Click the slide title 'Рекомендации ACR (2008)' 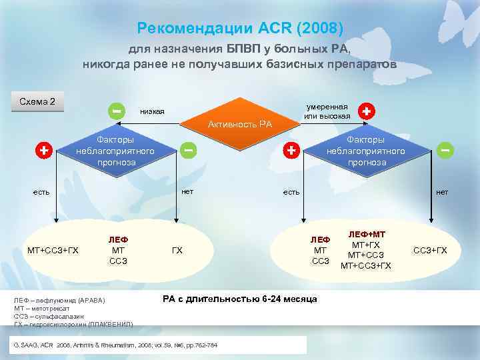click(x=239, y=28)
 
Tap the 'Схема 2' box click(x=37, y=102)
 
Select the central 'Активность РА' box click(x=240, y=124)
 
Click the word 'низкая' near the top click(x=152, y=111)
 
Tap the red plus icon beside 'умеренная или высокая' click(x=366, y=111)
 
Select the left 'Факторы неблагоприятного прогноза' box click(x=115, y=151)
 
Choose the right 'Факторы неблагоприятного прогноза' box click(x=365, y=151)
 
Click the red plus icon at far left click(x=43, y=150)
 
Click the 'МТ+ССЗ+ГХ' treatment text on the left click(x=53, y=251)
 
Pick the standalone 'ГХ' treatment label click(x=177, y=251)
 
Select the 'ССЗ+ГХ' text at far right click(x=431, y=251)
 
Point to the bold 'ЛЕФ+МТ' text click(x=366, y=235)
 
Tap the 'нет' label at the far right click(x=442, y=192)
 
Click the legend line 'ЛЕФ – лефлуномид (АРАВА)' click(x=59, y=301)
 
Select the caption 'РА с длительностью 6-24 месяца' click(x=240, y=298)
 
